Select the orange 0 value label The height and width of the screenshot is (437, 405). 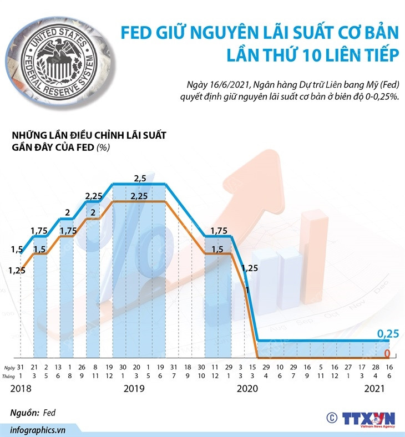click(388, 353)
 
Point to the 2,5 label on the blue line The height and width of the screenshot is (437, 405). click(140, 178)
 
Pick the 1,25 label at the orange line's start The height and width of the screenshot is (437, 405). click(18, 270)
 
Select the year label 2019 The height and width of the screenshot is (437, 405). click(134, 388)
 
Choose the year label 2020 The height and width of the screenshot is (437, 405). click(248, 388)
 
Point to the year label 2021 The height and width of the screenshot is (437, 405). click(375, 388)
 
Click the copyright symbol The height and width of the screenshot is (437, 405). click(332, 417)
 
